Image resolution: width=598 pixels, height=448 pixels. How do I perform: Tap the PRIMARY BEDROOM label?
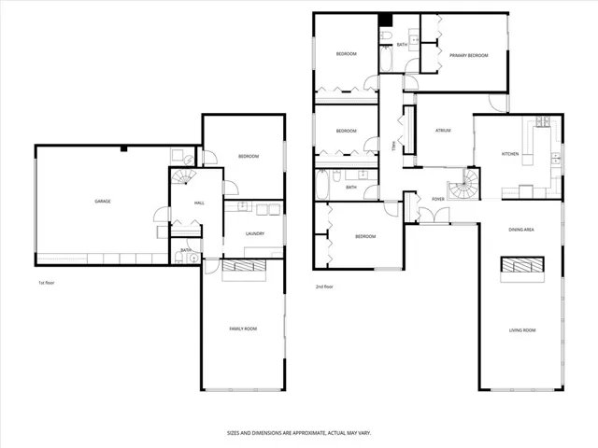[468, 56]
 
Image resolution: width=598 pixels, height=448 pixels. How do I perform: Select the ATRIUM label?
[442, 131]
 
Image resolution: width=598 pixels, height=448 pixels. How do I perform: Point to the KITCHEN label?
[510, 154]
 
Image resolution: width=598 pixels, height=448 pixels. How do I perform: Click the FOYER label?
[437, 198]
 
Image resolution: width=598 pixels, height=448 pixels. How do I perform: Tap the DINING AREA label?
[520, 230]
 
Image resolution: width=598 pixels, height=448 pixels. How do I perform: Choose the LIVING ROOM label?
[521, 330]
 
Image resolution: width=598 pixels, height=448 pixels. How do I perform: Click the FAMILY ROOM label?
[243, 329]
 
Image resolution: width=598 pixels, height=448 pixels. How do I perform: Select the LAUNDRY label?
[254, 233]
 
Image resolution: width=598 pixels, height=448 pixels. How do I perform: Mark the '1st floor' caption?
[47, 281]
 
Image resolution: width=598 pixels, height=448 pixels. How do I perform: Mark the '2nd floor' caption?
[324, 287]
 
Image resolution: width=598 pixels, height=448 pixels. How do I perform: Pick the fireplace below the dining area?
[521, 268]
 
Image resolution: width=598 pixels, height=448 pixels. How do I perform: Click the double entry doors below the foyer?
[433, 217]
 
